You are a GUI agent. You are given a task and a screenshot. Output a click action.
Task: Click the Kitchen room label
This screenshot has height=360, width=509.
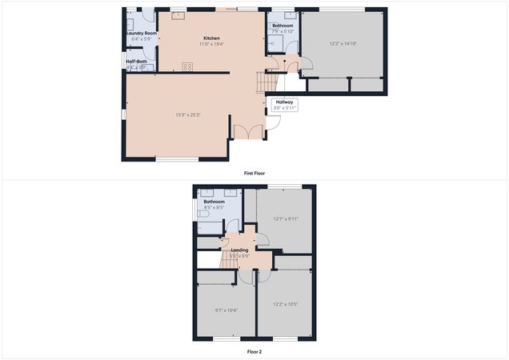point(211,38)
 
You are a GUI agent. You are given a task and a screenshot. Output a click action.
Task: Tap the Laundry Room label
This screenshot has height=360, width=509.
point(139,34)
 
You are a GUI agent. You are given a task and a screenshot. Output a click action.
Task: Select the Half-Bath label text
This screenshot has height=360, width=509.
point(135,62)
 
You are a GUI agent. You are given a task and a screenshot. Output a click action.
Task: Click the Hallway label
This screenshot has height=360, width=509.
point(285,102)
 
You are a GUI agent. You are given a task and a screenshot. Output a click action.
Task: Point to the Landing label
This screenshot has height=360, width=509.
point(239,250)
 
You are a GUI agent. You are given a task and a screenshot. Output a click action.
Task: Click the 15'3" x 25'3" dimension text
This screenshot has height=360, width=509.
point(188,114)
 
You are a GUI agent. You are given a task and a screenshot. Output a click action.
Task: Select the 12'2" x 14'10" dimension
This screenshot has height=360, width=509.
point(343,43)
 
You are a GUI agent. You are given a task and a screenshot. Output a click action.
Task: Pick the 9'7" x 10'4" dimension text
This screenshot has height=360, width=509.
point(226,310)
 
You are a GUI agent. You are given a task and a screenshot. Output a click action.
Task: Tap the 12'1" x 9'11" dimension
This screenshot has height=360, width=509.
point(286,219)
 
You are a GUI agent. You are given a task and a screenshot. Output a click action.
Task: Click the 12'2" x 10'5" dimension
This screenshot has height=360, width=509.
point(285,304)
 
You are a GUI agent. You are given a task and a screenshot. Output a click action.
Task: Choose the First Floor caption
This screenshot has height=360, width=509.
point(254,174)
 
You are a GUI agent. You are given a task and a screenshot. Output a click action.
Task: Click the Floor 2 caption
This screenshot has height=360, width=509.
point(254,351)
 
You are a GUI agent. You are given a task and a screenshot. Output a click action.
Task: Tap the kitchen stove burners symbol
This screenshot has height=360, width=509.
point(187,67)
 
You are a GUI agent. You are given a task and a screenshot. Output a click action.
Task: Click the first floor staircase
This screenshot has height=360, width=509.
point(265,81)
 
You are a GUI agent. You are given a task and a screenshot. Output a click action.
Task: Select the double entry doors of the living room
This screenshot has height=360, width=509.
point(248,131)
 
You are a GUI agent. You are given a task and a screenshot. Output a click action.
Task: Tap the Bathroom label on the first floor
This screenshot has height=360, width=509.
point(283,26)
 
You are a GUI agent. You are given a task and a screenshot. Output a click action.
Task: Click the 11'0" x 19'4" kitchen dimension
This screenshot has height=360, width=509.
point(211,44)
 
